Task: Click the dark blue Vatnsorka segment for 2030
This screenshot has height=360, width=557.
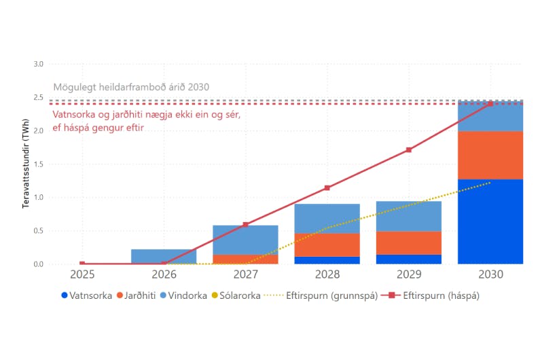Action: [490, 221]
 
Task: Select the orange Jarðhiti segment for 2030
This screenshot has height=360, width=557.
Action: [490, 155]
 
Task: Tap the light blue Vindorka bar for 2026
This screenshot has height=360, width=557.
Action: [164, 256]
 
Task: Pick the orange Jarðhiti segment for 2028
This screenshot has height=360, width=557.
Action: [327, 245]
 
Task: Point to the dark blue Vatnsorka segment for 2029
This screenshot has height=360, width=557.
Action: [408, 259]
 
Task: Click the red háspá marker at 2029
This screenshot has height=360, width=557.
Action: [408, 150]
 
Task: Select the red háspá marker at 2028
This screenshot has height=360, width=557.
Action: [327, 187]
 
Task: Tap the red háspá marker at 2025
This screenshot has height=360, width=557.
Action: [82, 264]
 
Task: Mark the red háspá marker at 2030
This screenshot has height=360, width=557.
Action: [490, 103]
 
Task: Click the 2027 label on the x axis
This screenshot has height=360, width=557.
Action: [245, 275]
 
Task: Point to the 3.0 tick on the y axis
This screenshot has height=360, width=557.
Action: [38, 64]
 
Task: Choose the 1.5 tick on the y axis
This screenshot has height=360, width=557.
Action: [38, 164]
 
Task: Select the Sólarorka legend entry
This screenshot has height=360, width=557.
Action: [234, 295]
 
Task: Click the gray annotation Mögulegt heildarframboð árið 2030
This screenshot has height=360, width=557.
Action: [131, 88]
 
